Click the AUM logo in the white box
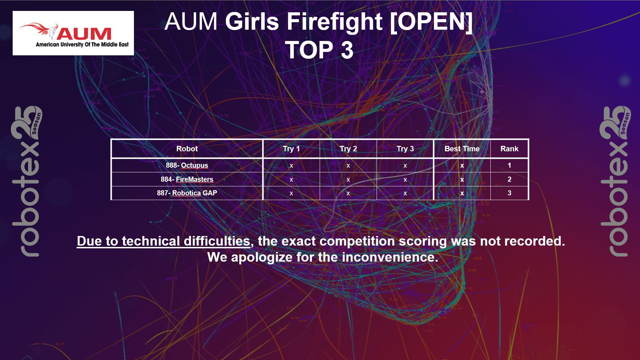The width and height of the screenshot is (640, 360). pos(73,33)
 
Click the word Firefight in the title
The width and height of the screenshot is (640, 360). pos(335,22)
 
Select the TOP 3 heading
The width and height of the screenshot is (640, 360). pos(319,50)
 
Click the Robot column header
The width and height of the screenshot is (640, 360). pos(187,149)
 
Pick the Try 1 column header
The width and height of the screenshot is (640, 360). pos(291,149)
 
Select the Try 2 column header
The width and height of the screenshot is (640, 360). pos(348,149)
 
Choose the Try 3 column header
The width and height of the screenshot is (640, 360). pos(405,149)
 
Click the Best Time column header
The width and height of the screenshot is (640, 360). pos(462,149)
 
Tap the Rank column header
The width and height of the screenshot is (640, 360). pos(509,149)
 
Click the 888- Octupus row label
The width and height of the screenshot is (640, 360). pos(187,165)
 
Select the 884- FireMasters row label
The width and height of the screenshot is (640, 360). pos(187,179)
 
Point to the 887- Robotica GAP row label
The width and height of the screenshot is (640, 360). pos(187,193)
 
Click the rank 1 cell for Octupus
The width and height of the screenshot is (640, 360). pos(509,165)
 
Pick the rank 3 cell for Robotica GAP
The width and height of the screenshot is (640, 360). pos(509,193)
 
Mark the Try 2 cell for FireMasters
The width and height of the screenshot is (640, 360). pos(348,180)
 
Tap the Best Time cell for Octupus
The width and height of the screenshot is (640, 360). pos(462,166)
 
